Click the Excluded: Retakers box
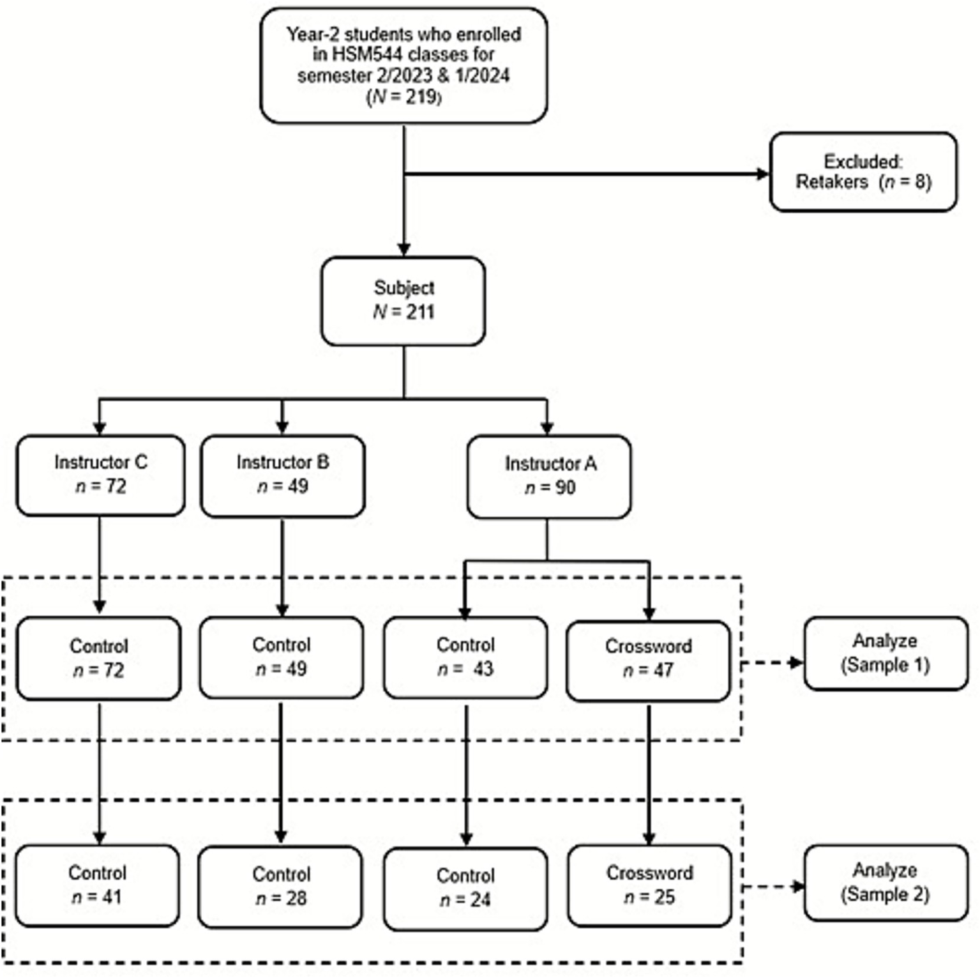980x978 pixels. pos(863,172)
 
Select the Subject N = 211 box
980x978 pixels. pos(403,301)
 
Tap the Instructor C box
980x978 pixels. pos(100,475)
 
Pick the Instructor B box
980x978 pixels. pos(282,475)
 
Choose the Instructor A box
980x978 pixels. pos(549,477)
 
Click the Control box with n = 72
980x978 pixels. pos(98,658)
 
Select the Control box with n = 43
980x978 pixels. pos(465,657)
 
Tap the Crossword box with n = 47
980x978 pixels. pos(648,659)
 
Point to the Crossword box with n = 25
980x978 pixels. pos(649,885)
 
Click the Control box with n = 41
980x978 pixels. pos(97,885)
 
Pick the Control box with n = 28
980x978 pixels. pos(280,887)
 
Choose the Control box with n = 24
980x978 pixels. pos(465,888)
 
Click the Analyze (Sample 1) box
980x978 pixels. pos(886,653)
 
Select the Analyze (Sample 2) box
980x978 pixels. pos(886,882)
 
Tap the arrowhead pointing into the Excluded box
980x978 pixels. pos(762,174)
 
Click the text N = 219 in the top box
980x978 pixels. pos(403,97)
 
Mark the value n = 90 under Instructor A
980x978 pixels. pos(550,488)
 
